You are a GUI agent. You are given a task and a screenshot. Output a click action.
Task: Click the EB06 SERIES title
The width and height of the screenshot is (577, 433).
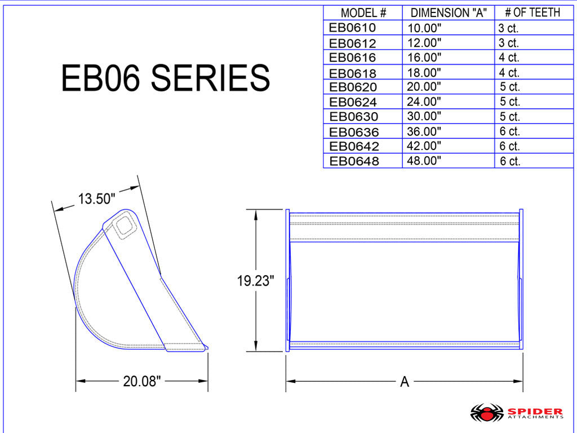click(x=165, y=78)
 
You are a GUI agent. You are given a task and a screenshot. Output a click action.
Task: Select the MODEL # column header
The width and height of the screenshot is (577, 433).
click(x=362, y=13)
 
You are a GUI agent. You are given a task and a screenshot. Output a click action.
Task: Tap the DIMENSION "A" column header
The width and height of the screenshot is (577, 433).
click(x=448, y=13)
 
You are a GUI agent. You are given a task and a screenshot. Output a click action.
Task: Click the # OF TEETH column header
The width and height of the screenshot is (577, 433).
click(x=532, y=12)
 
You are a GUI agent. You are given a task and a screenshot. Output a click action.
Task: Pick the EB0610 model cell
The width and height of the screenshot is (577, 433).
click(x=352, y=28)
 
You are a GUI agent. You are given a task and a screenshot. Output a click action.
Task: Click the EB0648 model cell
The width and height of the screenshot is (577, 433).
click(x=354, y=161)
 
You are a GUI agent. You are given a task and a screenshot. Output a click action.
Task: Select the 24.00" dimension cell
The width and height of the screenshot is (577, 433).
click(x=424, y=101)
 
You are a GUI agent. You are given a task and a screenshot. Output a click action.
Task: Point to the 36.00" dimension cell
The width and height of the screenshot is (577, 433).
click(x=424, y=131)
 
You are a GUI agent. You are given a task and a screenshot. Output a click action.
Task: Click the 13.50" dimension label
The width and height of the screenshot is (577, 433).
click(x=96, y=199)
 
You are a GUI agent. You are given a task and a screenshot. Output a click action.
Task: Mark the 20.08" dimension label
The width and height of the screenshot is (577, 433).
click(x=142, y=381)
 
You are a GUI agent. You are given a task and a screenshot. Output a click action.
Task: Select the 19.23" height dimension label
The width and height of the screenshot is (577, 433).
click(x=255, y=281)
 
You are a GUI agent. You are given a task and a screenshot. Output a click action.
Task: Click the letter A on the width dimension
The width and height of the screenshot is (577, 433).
click(x=404, y=382)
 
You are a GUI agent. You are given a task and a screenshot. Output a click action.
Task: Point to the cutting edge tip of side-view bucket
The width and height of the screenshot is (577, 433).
click(x=206, y=347)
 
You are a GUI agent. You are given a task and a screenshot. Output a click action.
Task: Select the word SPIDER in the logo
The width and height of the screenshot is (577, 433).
click(x=535, y=411)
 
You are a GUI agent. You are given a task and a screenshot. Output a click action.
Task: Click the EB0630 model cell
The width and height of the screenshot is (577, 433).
click(x=353, y=117)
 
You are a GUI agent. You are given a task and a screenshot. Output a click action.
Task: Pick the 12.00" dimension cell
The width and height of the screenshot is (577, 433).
click(x=424, y=42)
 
